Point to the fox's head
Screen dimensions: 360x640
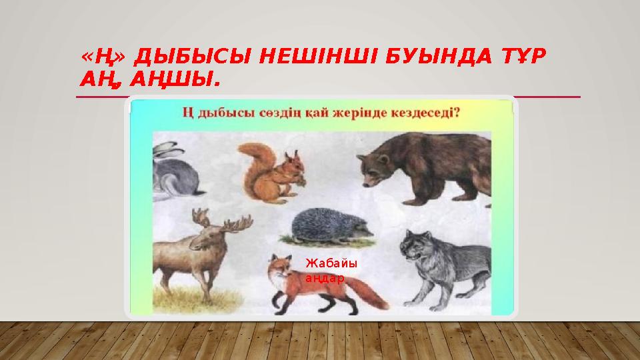[x=278, y=267]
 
